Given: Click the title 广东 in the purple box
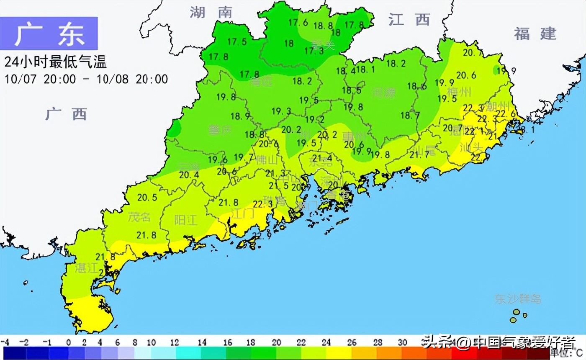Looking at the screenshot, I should [49, 34].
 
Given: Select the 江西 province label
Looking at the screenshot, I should [409, 19].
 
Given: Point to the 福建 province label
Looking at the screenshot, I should [535, 33].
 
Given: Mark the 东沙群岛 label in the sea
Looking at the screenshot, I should [518, 299].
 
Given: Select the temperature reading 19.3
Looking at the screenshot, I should [281, 111].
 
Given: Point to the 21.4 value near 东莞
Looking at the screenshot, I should [322, 158].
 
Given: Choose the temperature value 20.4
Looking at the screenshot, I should [189, 175].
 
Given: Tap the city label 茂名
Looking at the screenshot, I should [139, 217].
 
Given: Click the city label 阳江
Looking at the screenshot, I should [185, 220].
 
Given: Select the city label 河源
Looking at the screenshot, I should [383, 93].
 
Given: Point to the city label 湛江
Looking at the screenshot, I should [86, 268].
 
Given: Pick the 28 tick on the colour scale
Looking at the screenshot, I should [378, 342].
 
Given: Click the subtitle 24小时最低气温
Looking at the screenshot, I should [55, 62].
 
